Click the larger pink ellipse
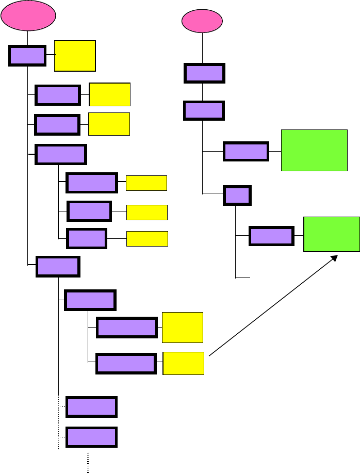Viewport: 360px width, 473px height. click(28, 17)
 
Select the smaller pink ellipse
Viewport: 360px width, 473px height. click(203, 22)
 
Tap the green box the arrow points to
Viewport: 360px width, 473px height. click(332, 234)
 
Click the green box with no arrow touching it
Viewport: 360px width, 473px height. click(314, 150)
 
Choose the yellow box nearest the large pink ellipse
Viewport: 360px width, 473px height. click(75, 55)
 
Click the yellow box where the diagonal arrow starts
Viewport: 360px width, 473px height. click(184, 363)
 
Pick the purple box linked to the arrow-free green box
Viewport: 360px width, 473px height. click(246, 151)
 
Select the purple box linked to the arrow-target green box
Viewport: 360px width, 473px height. click(271, 236)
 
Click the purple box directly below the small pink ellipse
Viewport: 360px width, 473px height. click(205, 73)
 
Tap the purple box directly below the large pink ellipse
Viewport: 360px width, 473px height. click(27, 55)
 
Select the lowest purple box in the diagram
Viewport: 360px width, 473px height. click(91, 437)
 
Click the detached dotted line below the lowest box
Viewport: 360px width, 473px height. click(88, 462)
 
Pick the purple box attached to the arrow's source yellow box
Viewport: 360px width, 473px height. click(126, 364)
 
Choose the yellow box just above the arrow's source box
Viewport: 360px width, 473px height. click(182, 327)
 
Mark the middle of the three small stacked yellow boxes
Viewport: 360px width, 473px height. click(146, 212)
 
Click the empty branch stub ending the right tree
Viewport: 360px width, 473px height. click(242, 278)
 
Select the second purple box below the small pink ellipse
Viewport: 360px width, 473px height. click(204, 110)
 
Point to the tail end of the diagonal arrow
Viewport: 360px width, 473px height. click(210, 355)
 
